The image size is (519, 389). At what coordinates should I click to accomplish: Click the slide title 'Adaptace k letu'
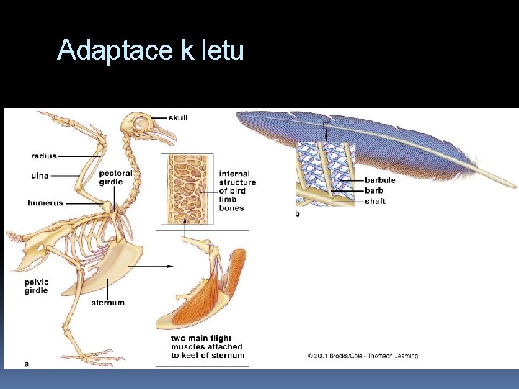151,50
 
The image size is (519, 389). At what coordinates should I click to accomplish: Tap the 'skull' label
178,117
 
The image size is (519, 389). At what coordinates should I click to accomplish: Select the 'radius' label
44,156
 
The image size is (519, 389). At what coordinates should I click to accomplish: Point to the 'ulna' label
40,174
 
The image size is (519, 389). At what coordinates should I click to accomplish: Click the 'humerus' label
45,203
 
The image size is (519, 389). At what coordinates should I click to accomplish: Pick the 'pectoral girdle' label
116,177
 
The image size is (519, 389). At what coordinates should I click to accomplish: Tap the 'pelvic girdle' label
37,286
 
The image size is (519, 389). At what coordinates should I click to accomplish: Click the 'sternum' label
107,303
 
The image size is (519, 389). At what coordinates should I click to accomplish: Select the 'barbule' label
381,180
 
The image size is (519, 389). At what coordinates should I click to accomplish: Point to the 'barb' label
374,190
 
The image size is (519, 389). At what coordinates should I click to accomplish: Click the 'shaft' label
376,201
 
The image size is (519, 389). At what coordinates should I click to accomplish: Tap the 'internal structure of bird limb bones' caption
237,191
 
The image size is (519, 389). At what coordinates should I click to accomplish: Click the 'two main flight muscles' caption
208,346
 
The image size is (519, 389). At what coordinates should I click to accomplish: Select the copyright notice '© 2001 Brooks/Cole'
363,356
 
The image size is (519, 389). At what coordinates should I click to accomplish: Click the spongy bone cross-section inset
189,188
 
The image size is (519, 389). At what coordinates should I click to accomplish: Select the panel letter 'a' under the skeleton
27,364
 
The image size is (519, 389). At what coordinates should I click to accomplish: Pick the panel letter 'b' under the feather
298,214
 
